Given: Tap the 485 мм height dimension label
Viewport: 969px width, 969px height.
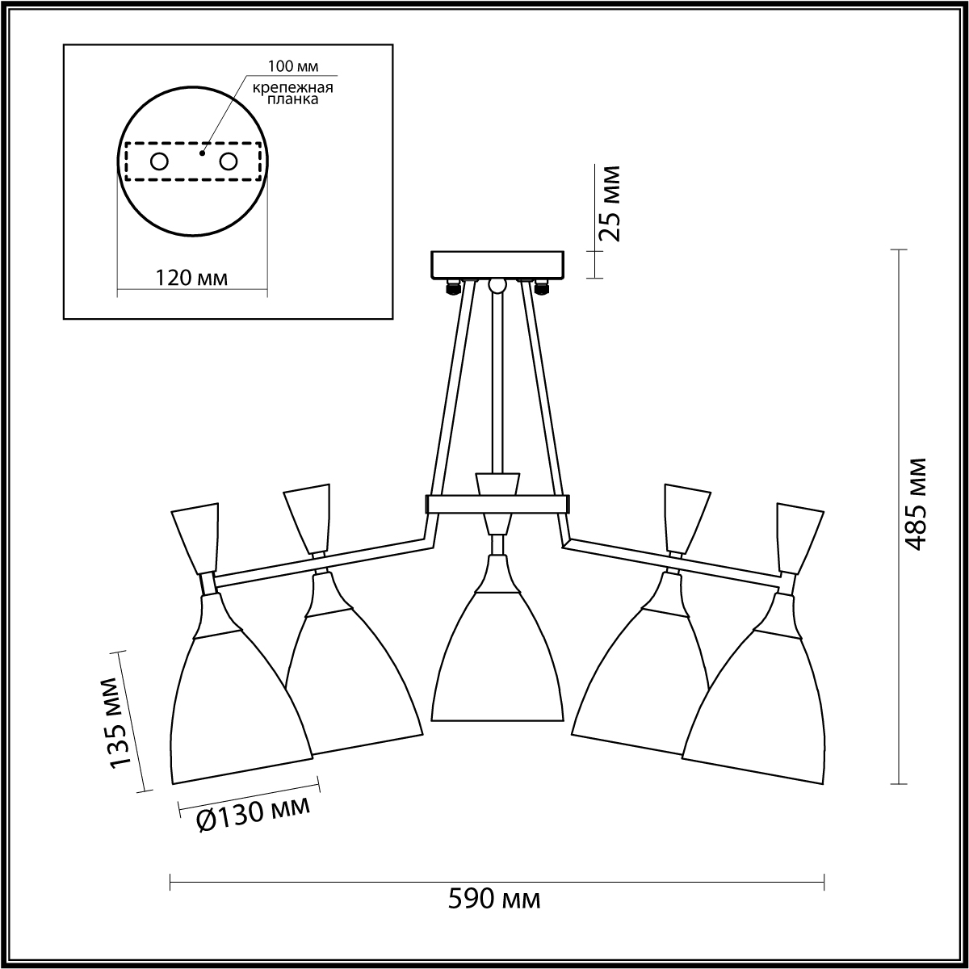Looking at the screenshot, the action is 912,505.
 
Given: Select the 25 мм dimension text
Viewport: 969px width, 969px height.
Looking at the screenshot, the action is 609,203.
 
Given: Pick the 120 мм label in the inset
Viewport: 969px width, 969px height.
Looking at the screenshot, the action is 191,277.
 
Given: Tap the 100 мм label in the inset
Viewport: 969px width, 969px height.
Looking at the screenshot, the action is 293,66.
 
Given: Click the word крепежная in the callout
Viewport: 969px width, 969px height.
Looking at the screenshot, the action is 292,88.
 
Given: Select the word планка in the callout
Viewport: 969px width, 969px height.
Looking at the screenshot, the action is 292,99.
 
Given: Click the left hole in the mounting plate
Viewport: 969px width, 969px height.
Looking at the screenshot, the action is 160,162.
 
